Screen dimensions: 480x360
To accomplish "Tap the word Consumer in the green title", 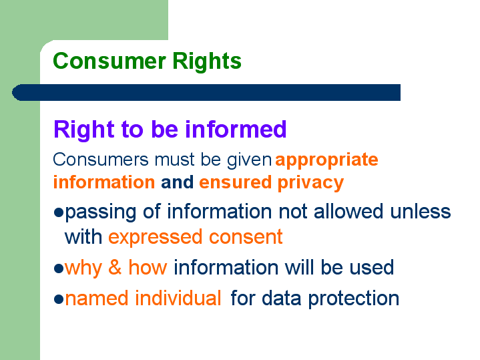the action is [109, 61].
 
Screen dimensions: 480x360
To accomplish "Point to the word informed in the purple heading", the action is [236, 129].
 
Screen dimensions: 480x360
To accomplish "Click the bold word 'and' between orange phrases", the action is [177, 182].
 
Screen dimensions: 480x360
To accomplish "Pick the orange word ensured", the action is [236, 182].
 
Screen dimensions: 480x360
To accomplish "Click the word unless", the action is [421, 211].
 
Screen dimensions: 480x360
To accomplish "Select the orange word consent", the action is [246, 237].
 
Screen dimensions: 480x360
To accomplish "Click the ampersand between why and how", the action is [115, 267].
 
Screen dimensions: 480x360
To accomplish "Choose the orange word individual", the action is [178, 298].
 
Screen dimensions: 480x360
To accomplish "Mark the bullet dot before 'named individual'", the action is [59, 299].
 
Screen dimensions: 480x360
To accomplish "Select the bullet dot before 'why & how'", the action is [59, 268].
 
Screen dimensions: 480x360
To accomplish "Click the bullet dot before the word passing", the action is [59, 212].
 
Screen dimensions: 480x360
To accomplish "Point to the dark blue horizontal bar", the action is [206, 92].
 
